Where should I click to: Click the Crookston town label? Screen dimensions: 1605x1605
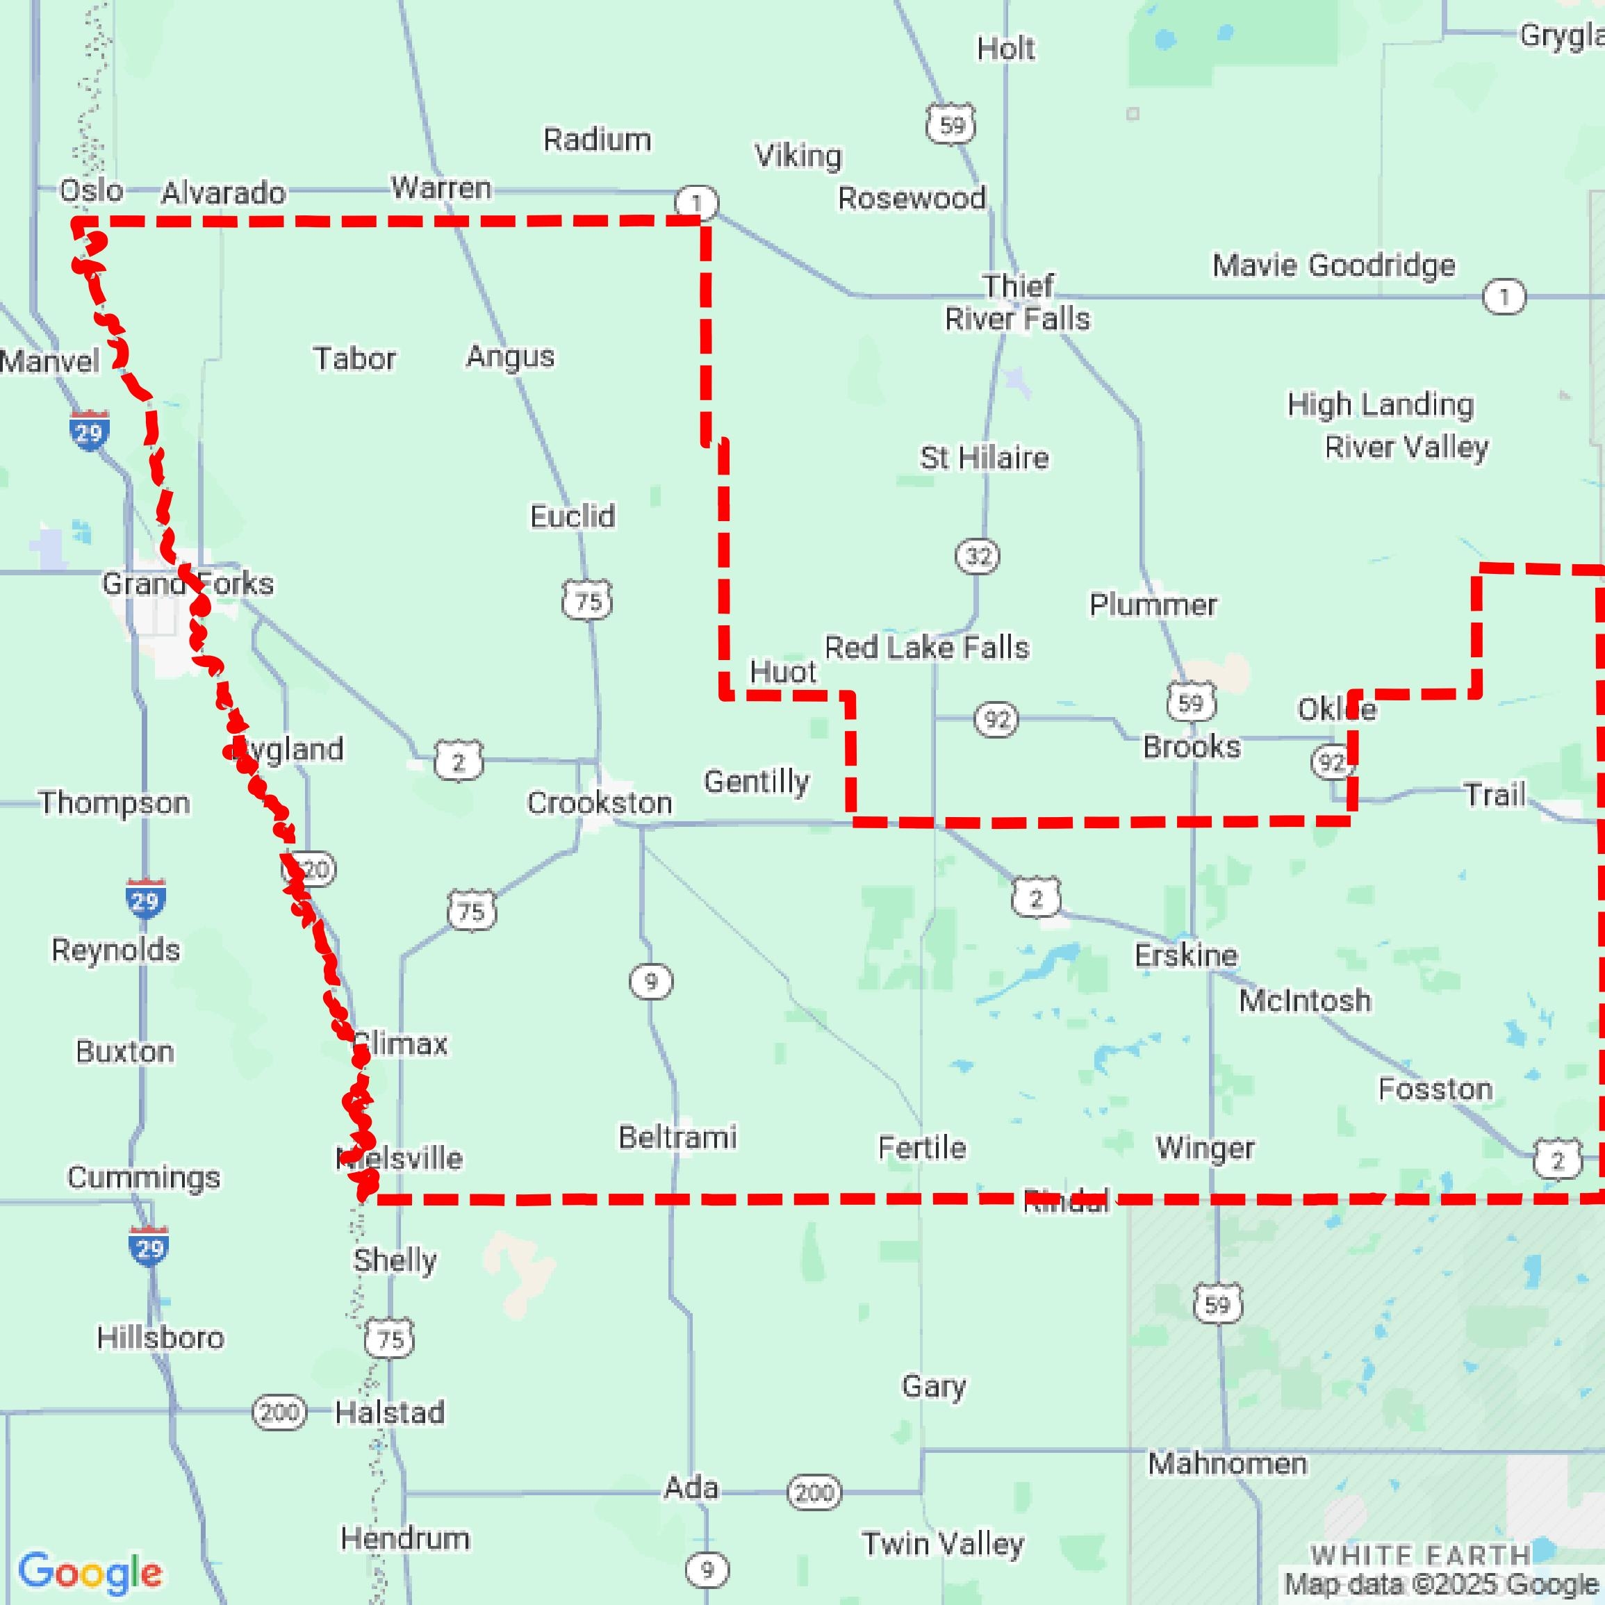click(599, 802)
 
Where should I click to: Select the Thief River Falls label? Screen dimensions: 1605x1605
click(1018, 302)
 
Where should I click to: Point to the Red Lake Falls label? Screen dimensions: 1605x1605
click(926, 647)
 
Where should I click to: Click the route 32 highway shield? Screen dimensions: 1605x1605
click(977, 556)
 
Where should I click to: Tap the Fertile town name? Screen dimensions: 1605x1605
click(922, 1148)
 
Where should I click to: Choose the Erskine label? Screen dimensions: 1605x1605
click(1185, 955)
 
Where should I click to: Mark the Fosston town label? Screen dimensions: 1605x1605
click(1435, 1088)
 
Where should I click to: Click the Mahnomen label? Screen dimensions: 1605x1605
click(1227, 1463)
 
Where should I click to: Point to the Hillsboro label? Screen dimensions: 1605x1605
click(160, 1337)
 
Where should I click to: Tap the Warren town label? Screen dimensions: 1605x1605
click(441, 188)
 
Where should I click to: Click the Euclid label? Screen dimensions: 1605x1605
click(573, 516)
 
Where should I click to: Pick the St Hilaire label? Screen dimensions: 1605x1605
click(984, 458)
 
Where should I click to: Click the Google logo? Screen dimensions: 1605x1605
click(90, 1572)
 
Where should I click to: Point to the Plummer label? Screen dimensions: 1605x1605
click(1153, 604)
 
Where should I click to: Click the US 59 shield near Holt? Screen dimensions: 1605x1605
click(951, 124)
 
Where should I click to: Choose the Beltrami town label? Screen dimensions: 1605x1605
click(677, 1137)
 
